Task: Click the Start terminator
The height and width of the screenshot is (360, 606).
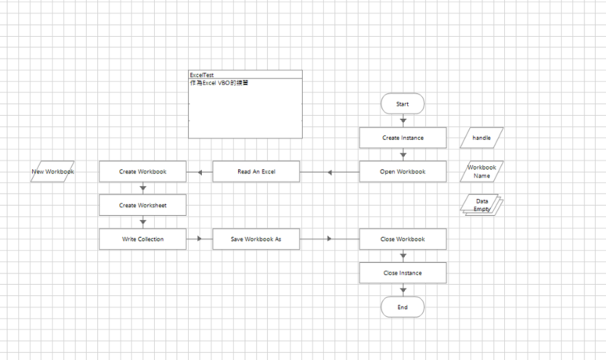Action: pos(402,103)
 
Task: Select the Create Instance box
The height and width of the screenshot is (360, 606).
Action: pos(402,138)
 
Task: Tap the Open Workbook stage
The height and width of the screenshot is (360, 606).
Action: pos(402,171)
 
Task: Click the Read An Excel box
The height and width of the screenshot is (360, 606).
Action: pos(256,171)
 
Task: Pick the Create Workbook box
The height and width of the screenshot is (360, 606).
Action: pos(142,171)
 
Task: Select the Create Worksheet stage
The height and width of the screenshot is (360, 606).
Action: pos(142,205)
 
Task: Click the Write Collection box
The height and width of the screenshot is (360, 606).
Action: pos(142,239)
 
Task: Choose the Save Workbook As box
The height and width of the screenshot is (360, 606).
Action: pos(256,239)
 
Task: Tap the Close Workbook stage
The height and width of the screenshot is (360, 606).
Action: pos(402,239)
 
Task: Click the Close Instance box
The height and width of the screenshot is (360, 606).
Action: pos(402,272)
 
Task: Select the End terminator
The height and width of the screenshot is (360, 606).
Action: pos(402,308)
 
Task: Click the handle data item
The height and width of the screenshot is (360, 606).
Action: pos(482,138)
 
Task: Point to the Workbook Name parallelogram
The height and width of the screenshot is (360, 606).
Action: pos(482,171)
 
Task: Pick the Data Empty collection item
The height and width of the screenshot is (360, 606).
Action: pos(482,205)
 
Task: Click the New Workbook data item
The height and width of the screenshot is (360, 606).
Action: pos(52,171)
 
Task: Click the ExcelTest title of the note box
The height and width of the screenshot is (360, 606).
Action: pos(202,75)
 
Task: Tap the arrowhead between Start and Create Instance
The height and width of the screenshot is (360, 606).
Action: pos(402,121)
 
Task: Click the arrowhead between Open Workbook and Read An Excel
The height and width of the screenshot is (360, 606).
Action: pos(330,171)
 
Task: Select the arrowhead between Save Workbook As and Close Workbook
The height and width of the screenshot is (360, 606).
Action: pos(330,239)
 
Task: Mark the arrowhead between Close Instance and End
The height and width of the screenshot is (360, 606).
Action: pos(402,290)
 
